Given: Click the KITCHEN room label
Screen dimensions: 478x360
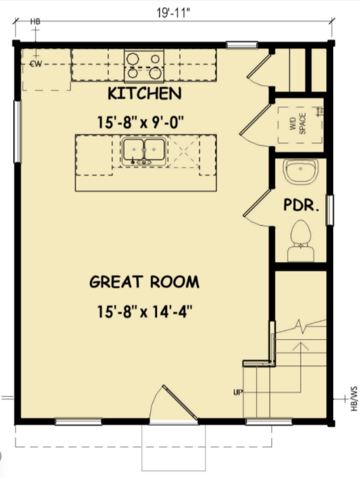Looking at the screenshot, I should click(144, 94).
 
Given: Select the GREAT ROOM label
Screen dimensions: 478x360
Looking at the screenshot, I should click(144, 282).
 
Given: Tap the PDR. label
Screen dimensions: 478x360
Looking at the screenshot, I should click(302, 205).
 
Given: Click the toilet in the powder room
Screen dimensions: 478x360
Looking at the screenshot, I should click(301, 240).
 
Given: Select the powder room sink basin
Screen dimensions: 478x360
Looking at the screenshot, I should click(300, 171).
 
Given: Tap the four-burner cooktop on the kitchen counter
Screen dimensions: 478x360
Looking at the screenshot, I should click(144, 64).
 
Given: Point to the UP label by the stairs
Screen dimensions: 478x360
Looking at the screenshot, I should click(237, 392).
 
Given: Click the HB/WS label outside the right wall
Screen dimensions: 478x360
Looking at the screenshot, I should click(353, 398).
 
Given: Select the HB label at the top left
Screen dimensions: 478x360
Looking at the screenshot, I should click(36, 22).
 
